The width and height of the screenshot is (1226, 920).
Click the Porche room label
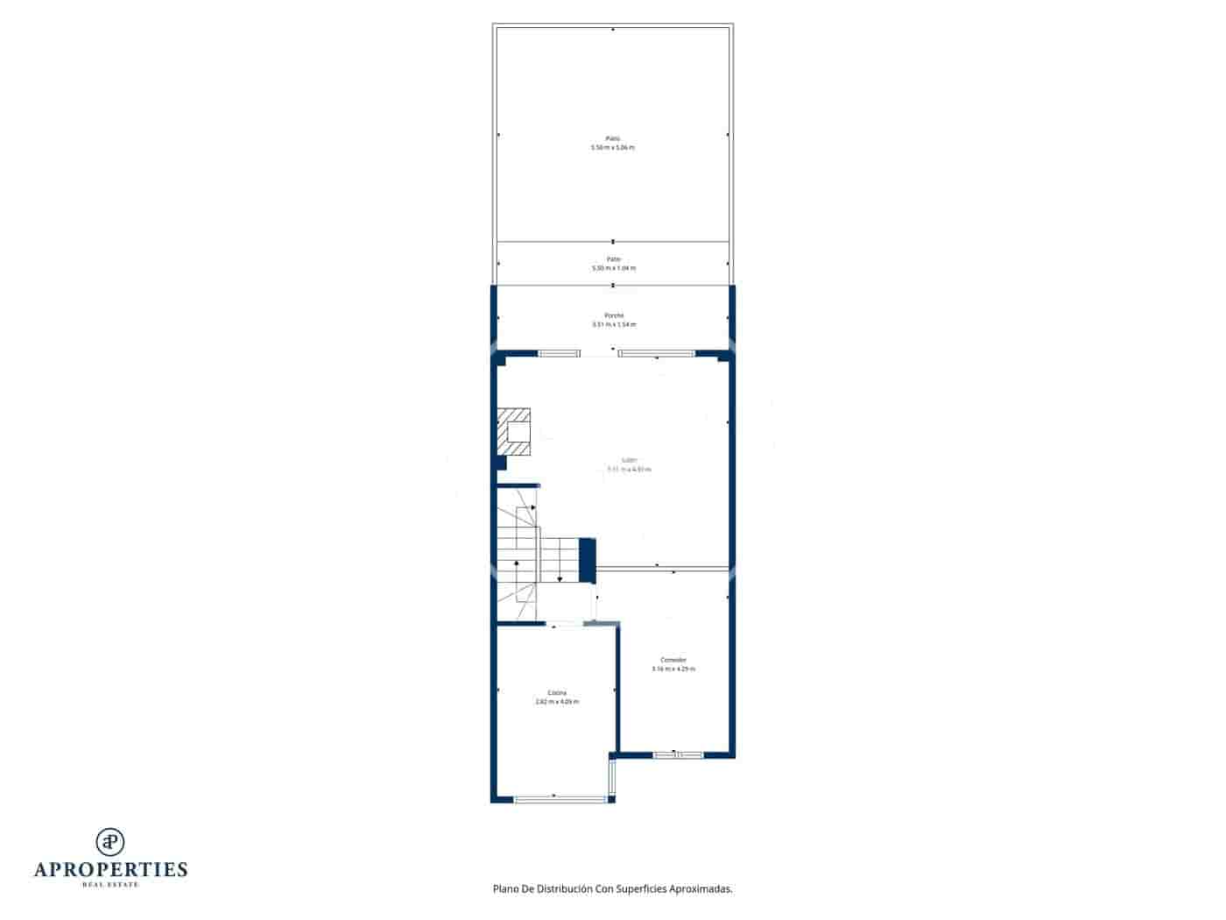[613, 315]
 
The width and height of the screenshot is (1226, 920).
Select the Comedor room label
[673, 660]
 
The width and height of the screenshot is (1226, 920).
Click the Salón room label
[629, 460]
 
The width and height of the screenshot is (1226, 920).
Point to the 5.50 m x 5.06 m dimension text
[613, 147]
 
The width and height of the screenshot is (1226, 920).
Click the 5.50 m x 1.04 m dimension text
[614, 268]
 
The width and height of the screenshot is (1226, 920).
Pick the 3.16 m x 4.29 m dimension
[673, 669]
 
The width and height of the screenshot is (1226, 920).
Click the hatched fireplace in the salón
[514, 432]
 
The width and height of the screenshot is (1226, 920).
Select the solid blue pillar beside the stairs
[588, 559]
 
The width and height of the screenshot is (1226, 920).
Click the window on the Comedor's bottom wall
[678, 754]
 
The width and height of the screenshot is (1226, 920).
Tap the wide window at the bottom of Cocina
[560, 798]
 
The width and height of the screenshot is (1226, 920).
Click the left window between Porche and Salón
[559, 353]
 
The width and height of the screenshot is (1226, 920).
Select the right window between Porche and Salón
[657, 353]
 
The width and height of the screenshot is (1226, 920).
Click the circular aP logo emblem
[110, 842]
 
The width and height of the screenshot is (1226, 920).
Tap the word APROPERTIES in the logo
[110, 870]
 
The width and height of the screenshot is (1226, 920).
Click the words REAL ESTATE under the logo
[110, 885]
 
